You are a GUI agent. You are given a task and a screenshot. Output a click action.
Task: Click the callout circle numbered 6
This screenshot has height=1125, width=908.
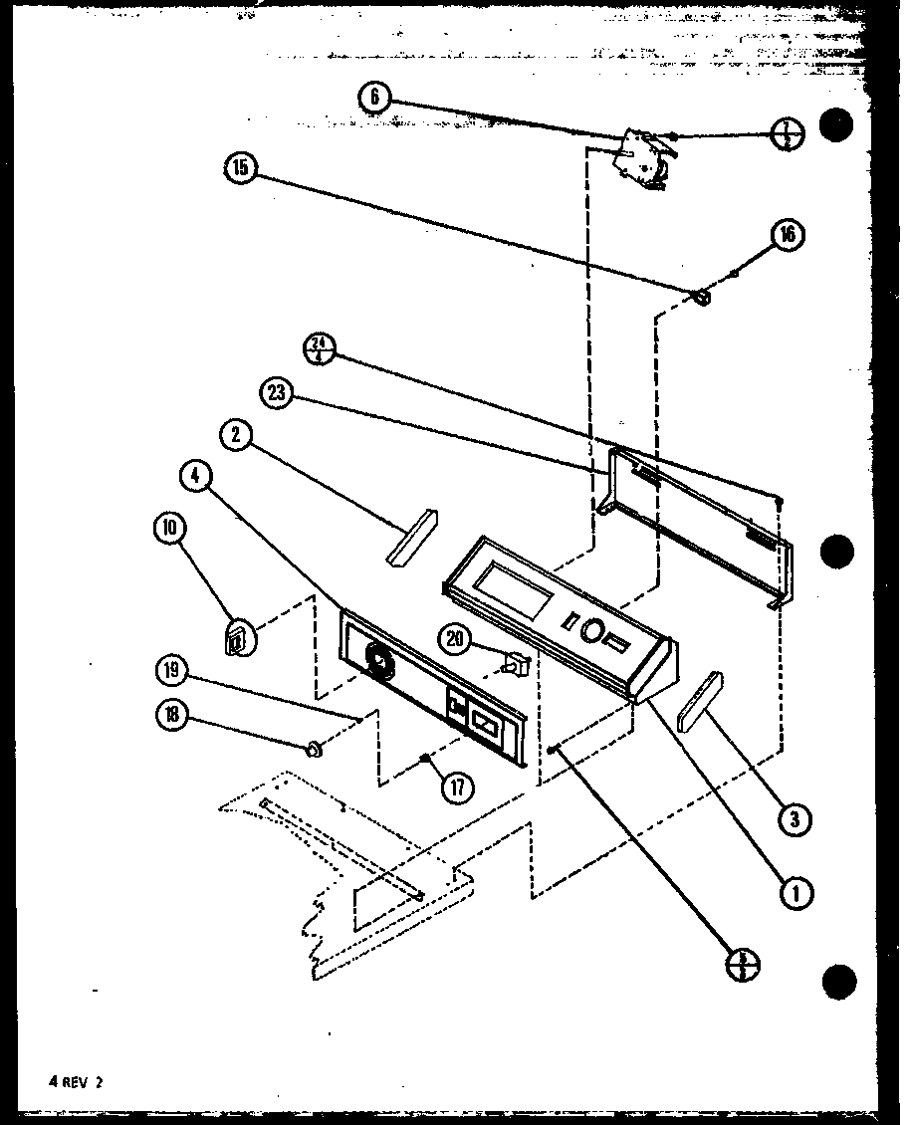pos(374,97)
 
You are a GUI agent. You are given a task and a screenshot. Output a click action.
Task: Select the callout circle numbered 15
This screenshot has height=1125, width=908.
pos(241,169)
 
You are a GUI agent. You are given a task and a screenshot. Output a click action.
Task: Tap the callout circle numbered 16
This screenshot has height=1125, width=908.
pos(787,235)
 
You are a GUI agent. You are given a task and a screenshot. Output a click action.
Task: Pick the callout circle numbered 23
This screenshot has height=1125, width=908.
pos(276,394)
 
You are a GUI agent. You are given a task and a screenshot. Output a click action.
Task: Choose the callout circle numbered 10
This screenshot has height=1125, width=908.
pos(170,529)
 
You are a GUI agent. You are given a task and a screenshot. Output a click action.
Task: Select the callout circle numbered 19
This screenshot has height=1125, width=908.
pos(171,671)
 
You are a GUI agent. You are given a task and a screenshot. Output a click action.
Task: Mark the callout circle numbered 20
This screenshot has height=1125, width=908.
pos(456,641)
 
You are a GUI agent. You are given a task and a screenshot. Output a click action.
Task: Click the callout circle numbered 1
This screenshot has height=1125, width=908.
pos(795,893)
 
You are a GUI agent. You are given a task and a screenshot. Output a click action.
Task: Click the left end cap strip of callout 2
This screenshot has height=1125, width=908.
pos(411,538)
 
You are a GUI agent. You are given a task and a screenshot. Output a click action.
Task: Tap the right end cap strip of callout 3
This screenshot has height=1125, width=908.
pos(700,701)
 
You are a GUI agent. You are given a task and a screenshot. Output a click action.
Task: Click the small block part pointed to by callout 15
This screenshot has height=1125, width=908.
pos(702,296)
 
